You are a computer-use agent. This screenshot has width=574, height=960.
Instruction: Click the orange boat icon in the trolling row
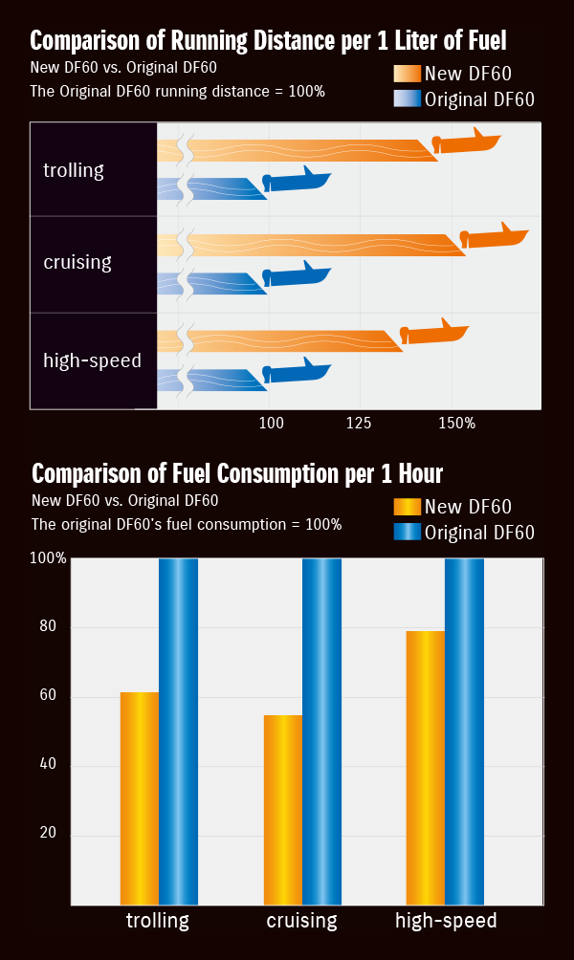[x=467, y=142]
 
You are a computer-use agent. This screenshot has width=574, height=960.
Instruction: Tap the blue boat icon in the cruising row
[x=297, y=275]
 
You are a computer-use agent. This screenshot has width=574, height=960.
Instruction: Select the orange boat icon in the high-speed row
[x=433, y=332]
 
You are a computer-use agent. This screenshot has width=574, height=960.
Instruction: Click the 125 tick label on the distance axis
[x=360, y=422]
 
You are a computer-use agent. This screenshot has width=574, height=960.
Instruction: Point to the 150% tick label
[x=456, y=422]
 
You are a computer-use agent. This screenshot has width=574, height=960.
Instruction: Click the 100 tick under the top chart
[x=271, y=422]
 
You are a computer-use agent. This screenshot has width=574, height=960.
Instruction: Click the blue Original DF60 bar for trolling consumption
[x=178, y=731]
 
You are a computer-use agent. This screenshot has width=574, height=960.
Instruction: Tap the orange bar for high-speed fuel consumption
[x=426, y=767]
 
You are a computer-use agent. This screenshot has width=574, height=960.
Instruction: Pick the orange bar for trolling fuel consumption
[x=140, y=797]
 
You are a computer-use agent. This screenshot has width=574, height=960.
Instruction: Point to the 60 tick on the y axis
[x=48, y=697]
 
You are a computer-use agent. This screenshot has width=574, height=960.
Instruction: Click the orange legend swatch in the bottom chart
[x=408, y=507]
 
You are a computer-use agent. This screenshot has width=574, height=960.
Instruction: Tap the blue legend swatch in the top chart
[x=408, y=98]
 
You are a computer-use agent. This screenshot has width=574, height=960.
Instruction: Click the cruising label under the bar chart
[x=301, y=922]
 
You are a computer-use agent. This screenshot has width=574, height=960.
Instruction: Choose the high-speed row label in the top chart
[x=92, y=360]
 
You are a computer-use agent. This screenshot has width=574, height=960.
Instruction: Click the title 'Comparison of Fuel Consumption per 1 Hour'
[x=237, y=473]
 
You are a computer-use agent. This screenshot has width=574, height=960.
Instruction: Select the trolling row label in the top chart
[x=74, y=170]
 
